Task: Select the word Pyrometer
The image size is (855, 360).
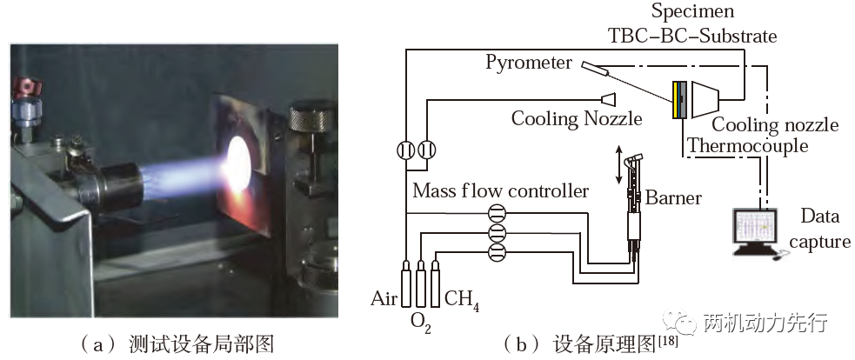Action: pos(528,63)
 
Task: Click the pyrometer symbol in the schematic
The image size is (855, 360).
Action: pos(595,68)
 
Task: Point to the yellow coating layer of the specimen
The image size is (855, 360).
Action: pos(676,99)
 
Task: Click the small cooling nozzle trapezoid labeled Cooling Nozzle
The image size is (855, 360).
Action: pos(608,99)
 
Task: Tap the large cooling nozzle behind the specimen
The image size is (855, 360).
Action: pos(705,99)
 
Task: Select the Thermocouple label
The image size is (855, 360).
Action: pos(747,145)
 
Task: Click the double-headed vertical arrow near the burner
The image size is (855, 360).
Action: pos(618,164)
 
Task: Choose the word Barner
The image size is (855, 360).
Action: pos(673,197)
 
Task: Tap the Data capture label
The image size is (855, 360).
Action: pos(819,229)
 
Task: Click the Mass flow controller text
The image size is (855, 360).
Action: pos(501,191)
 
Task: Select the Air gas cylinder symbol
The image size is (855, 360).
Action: pos(406,283)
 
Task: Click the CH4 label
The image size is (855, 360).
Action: pos(462,299)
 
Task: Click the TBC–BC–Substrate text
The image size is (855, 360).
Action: pos(692,37)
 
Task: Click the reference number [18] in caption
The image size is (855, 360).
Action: pos(667,340)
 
